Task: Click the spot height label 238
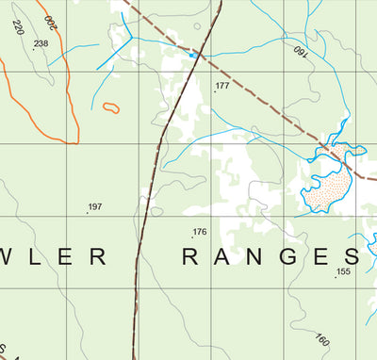(41, 44)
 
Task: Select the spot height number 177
(222, 86)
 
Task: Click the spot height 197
(94, 206)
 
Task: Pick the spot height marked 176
(199, 232)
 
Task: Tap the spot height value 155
(343, 271)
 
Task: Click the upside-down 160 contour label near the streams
(301, 50)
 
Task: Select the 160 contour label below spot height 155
(322, 339)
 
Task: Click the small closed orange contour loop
(111, 108)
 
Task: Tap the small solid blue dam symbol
(193, 56)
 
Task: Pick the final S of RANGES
(351, 257)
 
